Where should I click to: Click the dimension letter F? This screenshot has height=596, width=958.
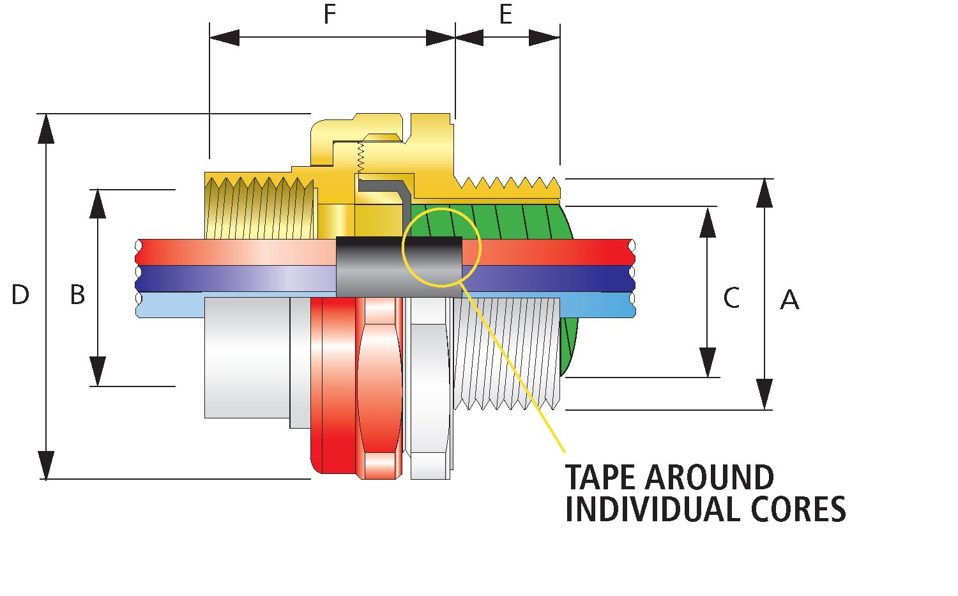pos(330,14)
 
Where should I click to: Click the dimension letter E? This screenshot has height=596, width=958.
pos(506,15)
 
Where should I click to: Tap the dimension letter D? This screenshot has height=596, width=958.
pos(20,295)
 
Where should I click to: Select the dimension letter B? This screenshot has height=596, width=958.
pos(77,295)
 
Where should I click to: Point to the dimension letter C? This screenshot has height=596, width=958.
pos(731,298)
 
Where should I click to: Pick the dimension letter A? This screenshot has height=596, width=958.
pos(789,300)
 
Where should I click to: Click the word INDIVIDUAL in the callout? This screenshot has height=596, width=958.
pos(644,509)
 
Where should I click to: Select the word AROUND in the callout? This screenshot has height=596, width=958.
pos(709,477)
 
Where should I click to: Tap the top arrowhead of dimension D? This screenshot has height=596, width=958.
pos(46,128)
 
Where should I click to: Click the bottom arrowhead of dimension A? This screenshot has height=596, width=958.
pos(764,396)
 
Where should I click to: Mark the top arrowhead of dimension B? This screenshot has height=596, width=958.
pos(98,203)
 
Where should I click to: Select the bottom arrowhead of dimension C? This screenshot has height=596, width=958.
pos(708,363)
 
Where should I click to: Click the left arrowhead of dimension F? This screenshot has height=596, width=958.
pos(224,38)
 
